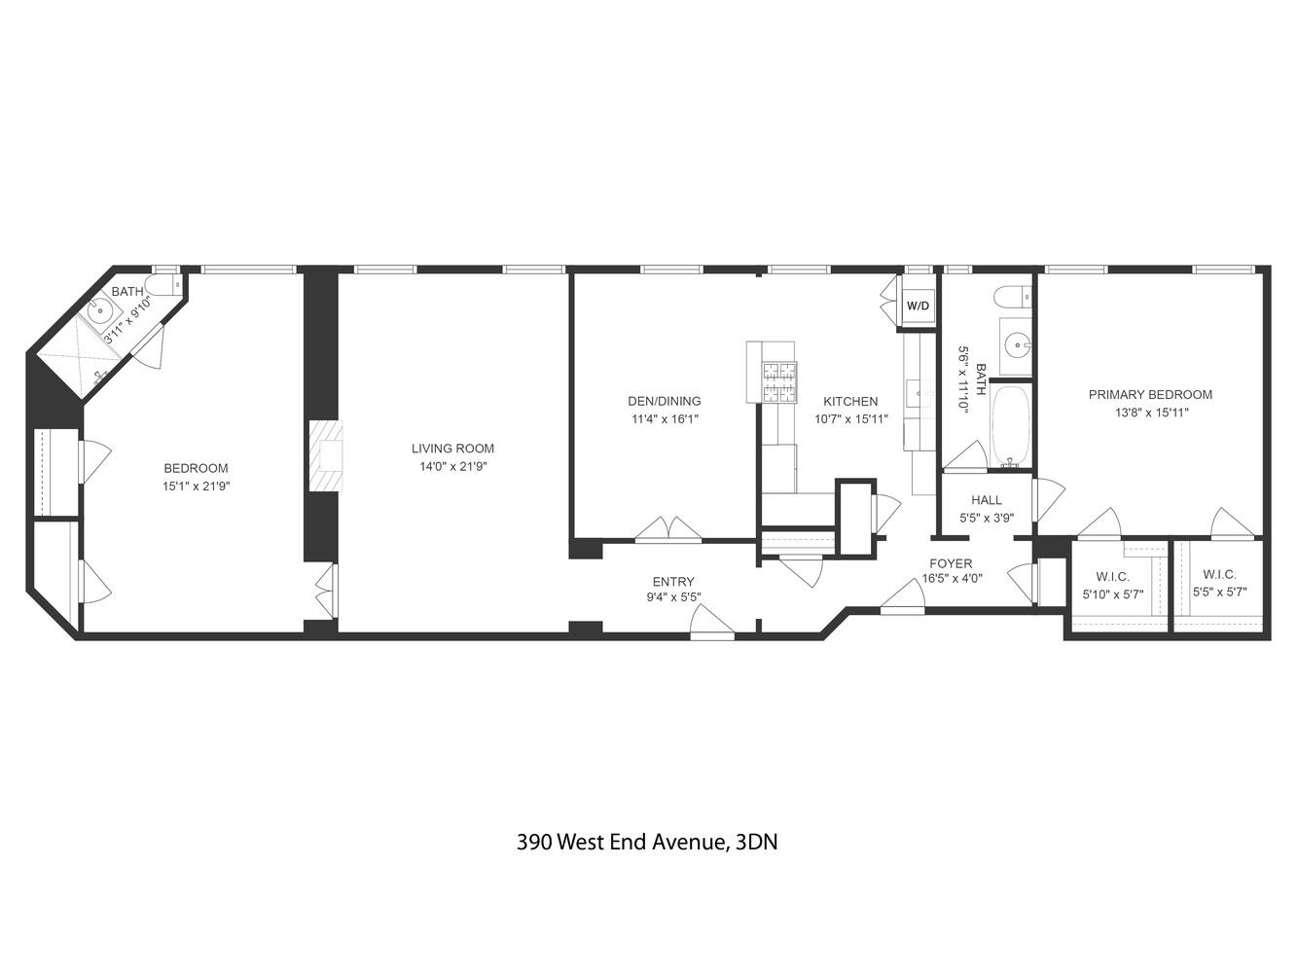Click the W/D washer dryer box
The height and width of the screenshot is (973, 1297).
click(918, 306)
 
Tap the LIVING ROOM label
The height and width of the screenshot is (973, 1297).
click(452, 449)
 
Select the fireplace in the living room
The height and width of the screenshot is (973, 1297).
click(326, 456)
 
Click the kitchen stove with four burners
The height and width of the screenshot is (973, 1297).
click(778, 381)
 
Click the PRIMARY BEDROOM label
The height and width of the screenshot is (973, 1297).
click(1150, 394)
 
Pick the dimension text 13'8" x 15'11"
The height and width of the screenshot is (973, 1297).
click(1151, 412)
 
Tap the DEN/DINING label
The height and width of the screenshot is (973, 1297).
click(664, 401)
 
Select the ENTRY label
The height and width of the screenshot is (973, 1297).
click(673, 582)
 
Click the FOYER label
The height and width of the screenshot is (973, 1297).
click(951, 563)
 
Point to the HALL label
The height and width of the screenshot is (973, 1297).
click(987, 500)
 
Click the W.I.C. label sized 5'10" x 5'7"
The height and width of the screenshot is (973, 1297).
click(1112, 576)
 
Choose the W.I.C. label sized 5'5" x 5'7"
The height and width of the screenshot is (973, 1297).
click(1219, 574)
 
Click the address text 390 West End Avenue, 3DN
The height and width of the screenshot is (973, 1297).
click(647, 842)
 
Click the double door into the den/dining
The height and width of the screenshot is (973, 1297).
click(667, 528)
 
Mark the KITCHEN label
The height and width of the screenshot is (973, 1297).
click(850, 401)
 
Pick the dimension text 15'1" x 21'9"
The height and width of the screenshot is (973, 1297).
click(197, 486)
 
